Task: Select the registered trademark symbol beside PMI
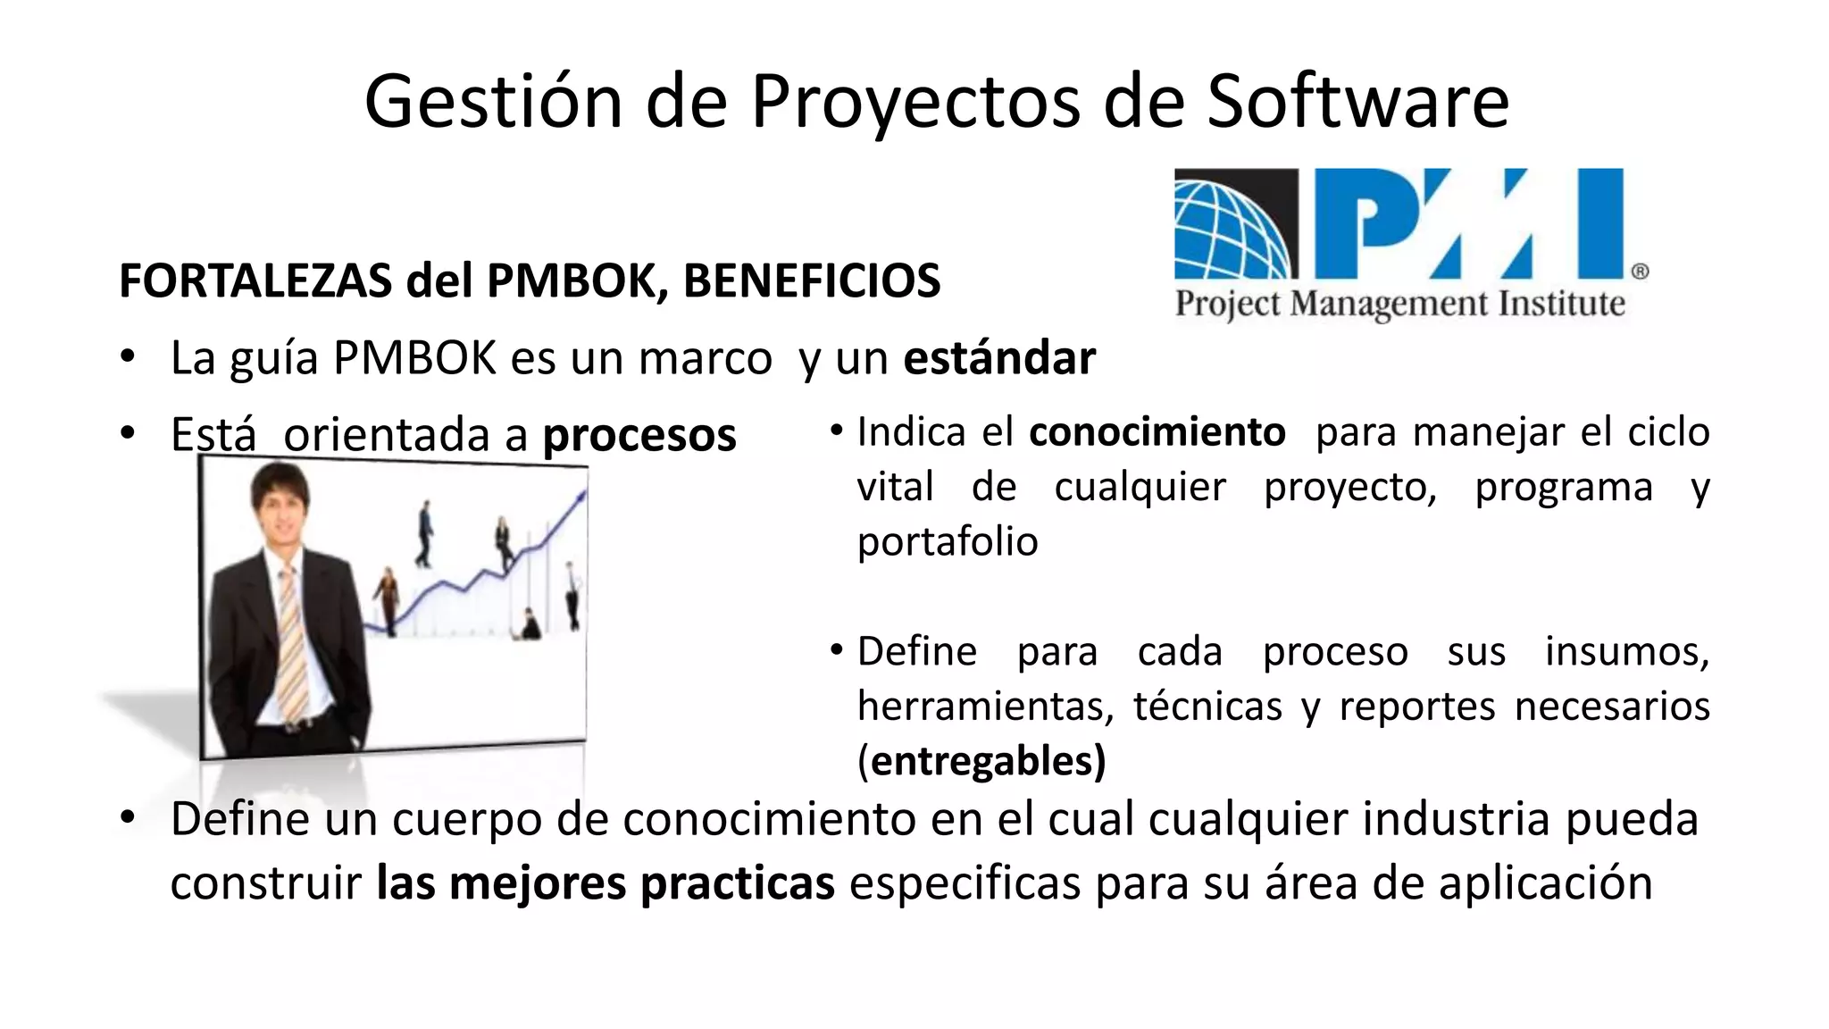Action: pyautogui.click(x=1640, y=272)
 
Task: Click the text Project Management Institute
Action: pyautogui.click(x=1399, y=304)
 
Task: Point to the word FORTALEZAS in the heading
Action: pyautogui.click(x=255, y=280)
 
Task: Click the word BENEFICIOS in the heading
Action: pyautogui.click(x=812, y=280)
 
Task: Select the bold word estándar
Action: pyautogui.click(x=999, y=358)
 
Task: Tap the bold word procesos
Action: pyautogui.click(x=639, y=435)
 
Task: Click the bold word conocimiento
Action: pyautogui.click(x=1157, y=432)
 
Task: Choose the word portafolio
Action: pyautogui.click(x=948, y=541)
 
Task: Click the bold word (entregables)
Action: pyautogui.click(x=981, y=761)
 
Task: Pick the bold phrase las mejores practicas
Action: pyautogui.click(x=605, y=883)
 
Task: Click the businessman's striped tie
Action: pyautogui.click(x=291, y=643)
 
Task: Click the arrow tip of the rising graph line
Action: pyautogui.click(x=583, y=494)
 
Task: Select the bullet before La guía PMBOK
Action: pyautogui.click(x=129, y=357)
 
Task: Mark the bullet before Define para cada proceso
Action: pyautogui.click(x=837, y=649)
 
